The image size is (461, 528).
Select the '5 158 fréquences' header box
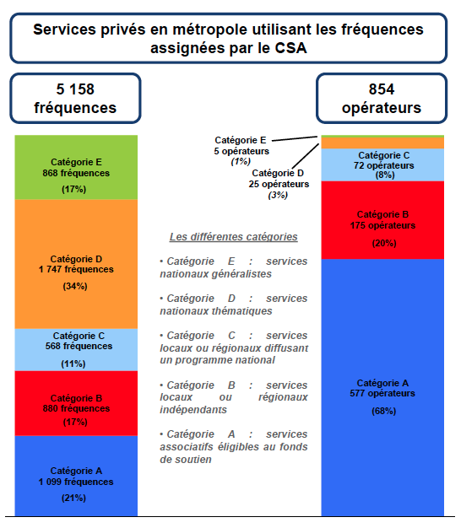(75, 99)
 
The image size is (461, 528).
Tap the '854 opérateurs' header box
(382, 99)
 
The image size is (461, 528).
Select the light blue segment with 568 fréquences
(76, 349)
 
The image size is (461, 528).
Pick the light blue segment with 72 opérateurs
(383, 165)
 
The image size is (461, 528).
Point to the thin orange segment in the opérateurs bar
(383, 143)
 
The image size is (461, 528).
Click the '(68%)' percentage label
(383, 412)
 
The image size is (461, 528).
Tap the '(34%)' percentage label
(75, 286)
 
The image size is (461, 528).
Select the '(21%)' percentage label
(75, 498)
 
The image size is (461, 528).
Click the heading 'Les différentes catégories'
(233, 237)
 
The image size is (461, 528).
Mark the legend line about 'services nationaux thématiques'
(233, 304)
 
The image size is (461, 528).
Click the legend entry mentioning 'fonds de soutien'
(233, 447)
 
